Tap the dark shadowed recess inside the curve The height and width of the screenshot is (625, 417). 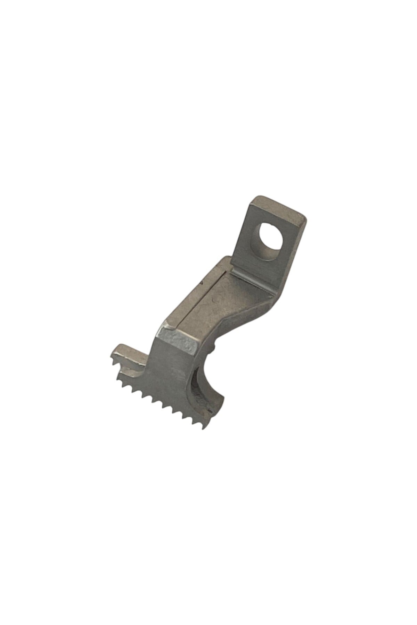point(195,382)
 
